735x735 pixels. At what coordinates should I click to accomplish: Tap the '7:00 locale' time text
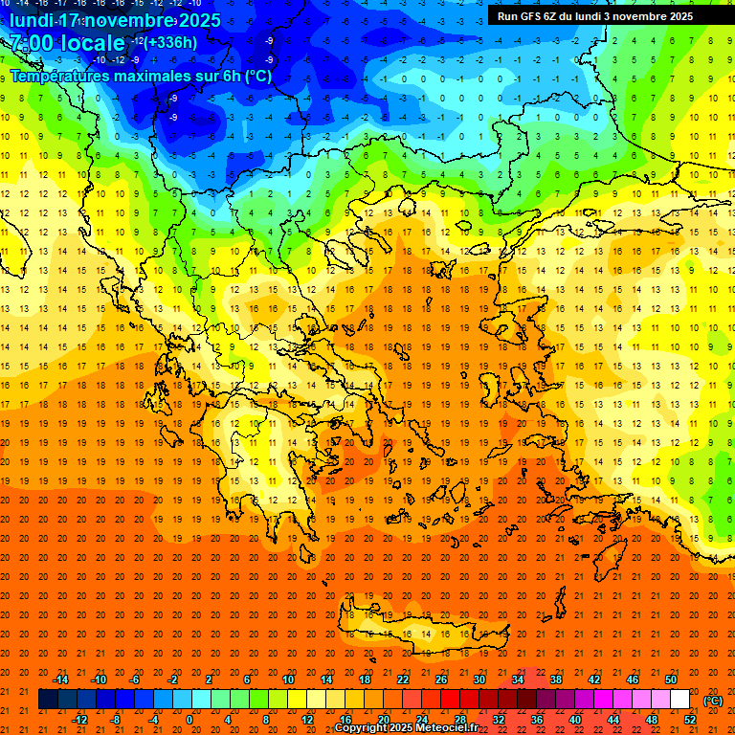pos(67,43)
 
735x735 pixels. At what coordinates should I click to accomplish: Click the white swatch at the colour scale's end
pos(679,700)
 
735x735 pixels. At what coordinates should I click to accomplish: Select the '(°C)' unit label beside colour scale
pos(713,701)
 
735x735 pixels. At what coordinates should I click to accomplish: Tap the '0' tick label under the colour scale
pos(189,720)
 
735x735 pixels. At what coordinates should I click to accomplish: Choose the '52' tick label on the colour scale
pos(690,720)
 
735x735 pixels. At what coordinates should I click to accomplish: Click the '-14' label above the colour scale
pos(60,679)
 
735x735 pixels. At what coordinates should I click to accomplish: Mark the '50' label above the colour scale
pos(670,679)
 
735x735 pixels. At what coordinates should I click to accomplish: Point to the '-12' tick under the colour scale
pos(79,720)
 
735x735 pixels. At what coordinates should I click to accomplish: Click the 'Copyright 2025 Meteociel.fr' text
pos(406,728)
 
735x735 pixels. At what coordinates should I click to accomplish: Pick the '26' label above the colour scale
pos(440,679)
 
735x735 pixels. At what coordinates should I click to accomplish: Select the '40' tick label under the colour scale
pos(574,720)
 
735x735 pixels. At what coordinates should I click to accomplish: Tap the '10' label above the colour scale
pos(287,679)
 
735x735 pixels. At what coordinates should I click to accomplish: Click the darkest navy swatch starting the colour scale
pos(48,700)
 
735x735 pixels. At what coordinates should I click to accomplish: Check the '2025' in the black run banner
pos(676,16)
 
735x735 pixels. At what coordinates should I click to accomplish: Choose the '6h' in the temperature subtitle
pos(228,77)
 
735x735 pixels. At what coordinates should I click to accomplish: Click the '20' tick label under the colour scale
pos(383,720)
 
